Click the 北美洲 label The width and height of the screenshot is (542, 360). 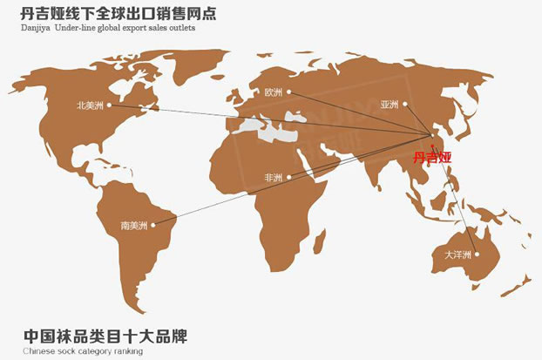coord(90,105)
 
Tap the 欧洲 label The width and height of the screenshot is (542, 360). coord(273,92)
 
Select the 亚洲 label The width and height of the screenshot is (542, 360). coord(389,105)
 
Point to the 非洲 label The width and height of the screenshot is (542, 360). coord(273,178)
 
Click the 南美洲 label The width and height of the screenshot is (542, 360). coord(136,226)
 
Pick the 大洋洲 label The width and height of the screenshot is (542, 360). coord(457,255)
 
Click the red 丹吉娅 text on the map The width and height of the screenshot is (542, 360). coord(433,158)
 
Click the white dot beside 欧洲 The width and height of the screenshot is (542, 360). coord(288,92)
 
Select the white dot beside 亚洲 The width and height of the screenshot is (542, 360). coord(403,105)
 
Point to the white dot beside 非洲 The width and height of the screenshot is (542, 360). coord(288,178)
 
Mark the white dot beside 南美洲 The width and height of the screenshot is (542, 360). coord(153,226)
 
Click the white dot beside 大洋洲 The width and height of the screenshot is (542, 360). coord(476,255)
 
